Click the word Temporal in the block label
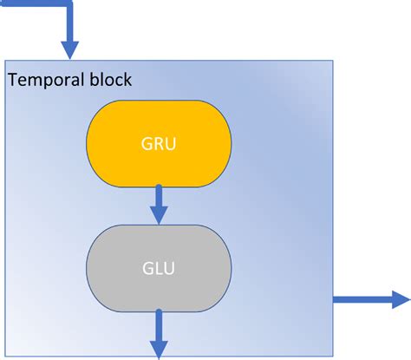(45, 81)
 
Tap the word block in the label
(109, 81)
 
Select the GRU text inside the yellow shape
(159, 144)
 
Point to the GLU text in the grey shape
(159, 268)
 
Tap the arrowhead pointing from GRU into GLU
(159, 213)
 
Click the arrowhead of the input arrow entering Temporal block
(68, 48)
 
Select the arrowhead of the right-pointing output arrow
(401, 299)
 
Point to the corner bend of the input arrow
(68, 5)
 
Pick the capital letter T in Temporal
(13, 81)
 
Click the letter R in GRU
(159, 144)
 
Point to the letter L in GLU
(159, 268)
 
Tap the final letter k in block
(127, 81)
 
